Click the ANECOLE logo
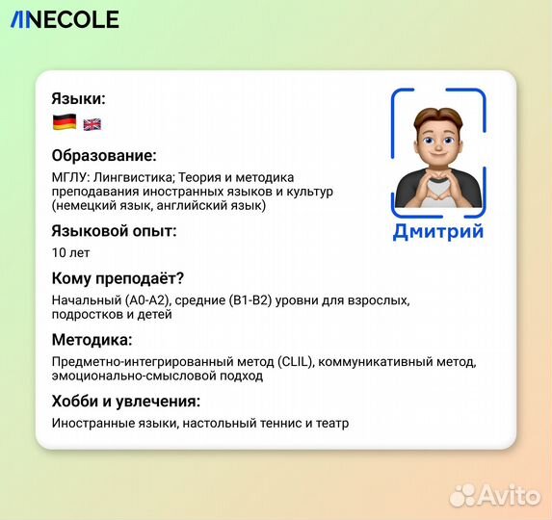[65, 19]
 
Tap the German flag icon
[65, 122]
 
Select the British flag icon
[92, 123]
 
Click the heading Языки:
[79, 98]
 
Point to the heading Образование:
[104, 155]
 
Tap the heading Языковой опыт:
[114, 230]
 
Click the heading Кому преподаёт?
[118, 279]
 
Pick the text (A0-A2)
[146, 300]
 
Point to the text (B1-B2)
[250, 300]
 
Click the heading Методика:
[92, 340]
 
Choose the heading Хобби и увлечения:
[125, 401]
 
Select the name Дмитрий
[438, 231]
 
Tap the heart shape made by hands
[438, 192]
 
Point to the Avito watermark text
[510, 495]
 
